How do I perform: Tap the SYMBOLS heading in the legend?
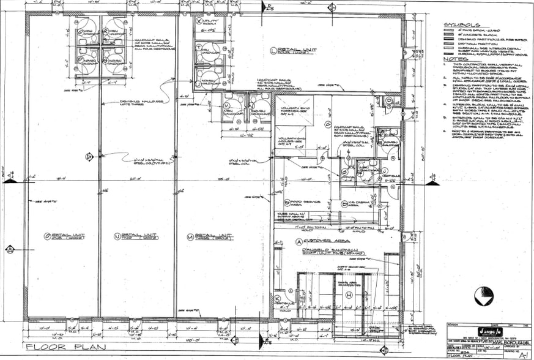click(464, 25)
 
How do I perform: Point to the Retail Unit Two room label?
click(135, 236)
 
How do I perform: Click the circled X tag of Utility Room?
click(199, 20)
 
